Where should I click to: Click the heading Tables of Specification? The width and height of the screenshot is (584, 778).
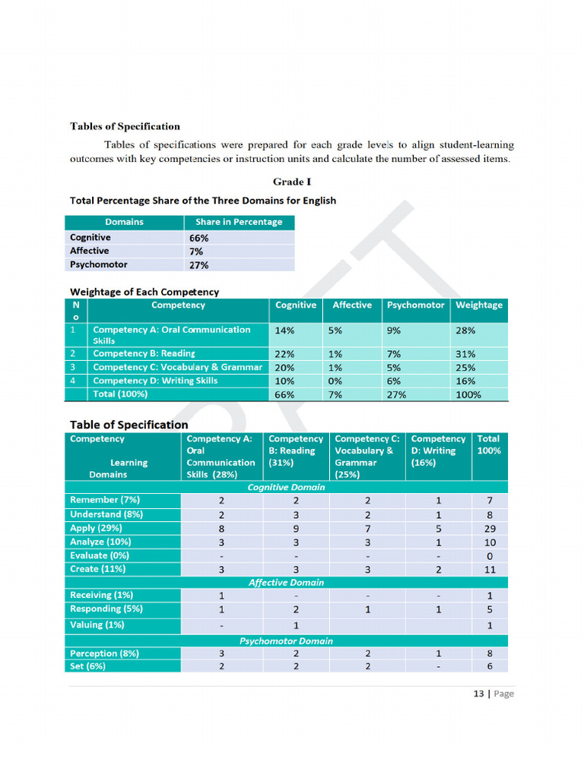[x=125, y=127]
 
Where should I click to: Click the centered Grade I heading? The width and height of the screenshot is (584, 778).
[x=292, y=182]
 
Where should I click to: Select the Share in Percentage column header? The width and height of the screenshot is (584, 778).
[x=238, y=223]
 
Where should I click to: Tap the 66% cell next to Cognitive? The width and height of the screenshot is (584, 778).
[x=199, y=238]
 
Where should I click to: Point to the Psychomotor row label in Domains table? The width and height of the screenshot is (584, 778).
[x=98, y=265]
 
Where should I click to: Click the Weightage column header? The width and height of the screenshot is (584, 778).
[x=478, y=305]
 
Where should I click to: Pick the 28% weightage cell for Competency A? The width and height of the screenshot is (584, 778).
[x=465, y=331]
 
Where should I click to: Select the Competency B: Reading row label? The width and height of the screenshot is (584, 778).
[x=144, y=354]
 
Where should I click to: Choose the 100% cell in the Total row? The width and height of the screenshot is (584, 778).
[x=468, y=395]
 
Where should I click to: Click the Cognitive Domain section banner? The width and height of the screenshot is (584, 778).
[x=286, y=487]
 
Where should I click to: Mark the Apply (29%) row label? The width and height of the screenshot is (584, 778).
[x=96, y=528]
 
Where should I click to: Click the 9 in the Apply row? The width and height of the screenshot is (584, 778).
[x=296, y=528]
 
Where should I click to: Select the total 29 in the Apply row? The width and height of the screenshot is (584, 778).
[x=490, y=528]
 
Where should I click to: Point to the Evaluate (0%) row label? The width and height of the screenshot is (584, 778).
[x=99, y=555]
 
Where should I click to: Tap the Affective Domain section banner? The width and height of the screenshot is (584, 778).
[x=286, y=583]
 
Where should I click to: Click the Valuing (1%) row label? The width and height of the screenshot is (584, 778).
[x=97, y=625]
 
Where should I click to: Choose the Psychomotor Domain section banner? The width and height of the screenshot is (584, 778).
[x=286, y=641]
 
